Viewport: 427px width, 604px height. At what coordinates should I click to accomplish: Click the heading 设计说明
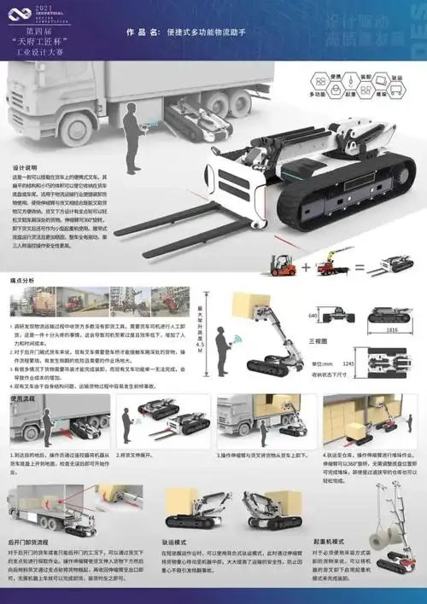click(x=23, y=168)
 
